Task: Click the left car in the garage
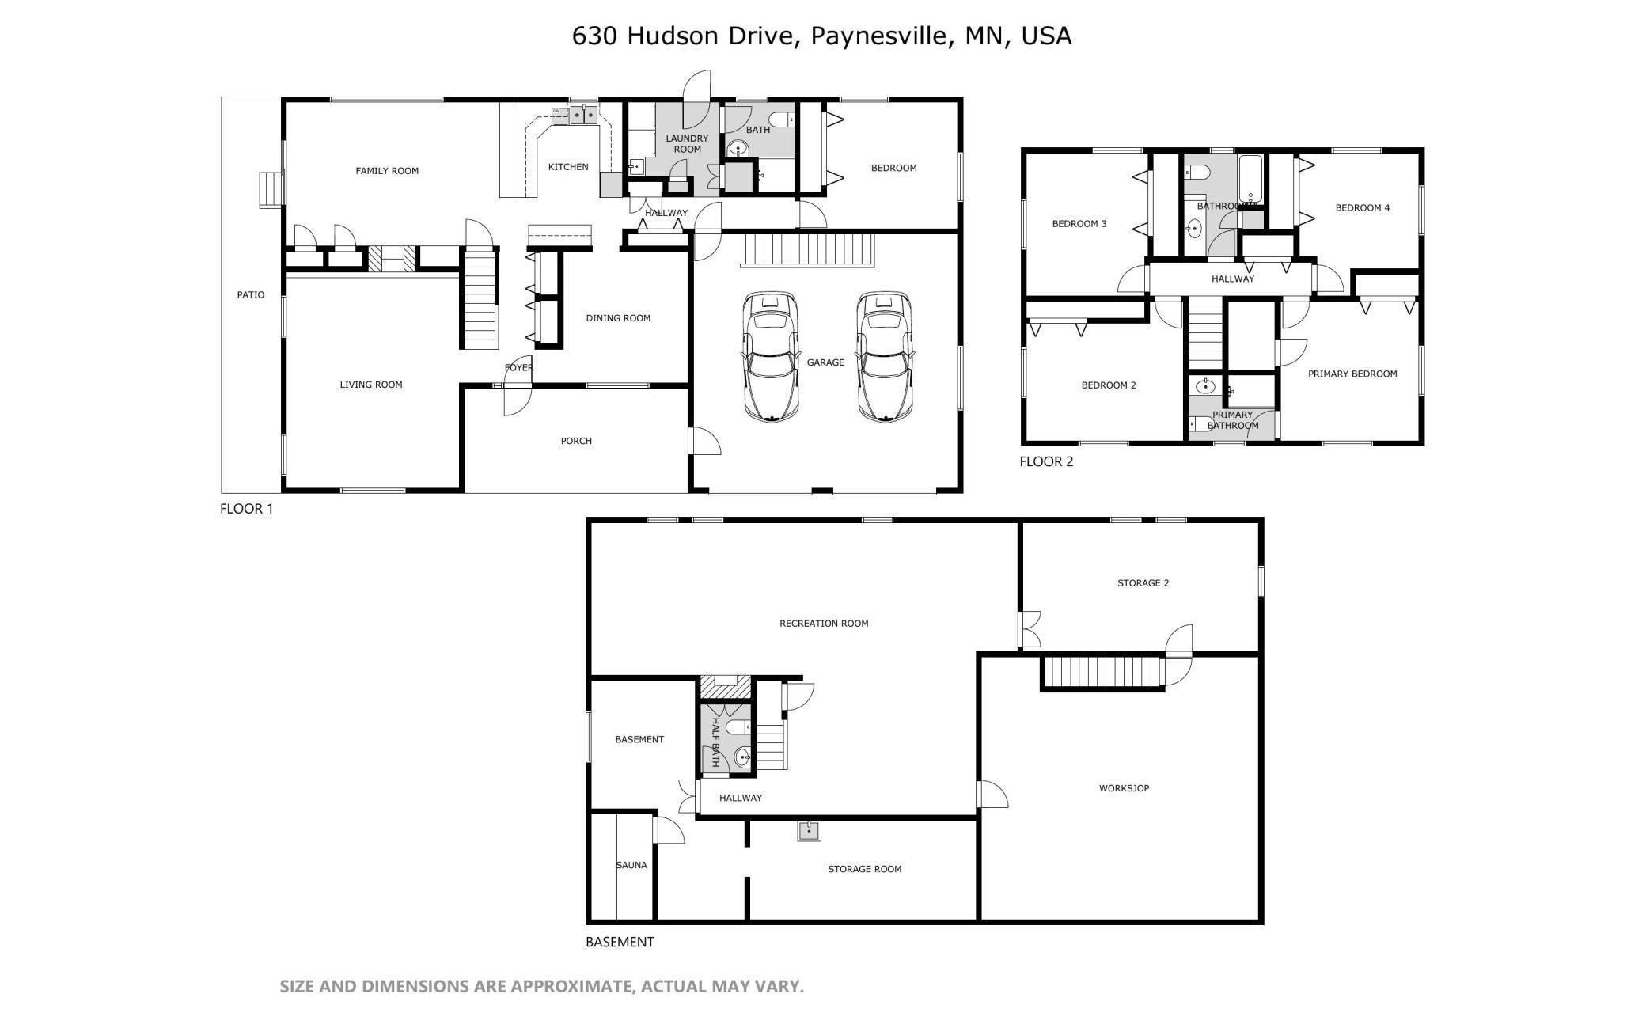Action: point(770,357)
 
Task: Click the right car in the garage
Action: point(885,357)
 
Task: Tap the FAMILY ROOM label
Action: point(387,171)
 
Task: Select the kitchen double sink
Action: point(584,116)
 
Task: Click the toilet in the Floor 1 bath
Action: point(779,119)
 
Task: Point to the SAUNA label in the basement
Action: point(631,865)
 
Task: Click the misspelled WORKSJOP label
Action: point(1124,788)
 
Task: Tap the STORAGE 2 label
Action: point(1143,583)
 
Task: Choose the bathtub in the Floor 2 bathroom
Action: point(1250,178)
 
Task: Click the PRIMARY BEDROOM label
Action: point(1352,374)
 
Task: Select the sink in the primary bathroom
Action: point(1205,387)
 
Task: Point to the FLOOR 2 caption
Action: point(1046,461)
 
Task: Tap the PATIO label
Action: point(251,295)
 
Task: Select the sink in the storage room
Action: point(809,830)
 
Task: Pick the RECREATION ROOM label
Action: point(824,624)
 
